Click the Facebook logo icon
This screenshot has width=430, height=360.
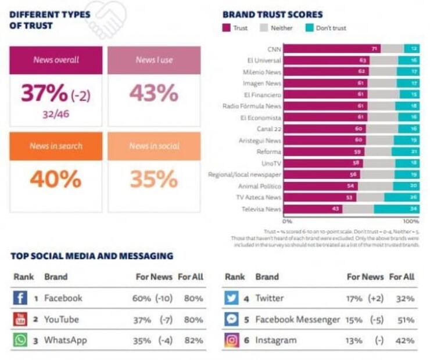tap(20, 298)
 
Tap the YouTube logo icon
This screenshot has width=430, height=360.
tap(20, 319)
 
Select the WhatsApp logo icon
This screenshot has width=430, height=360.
tap(20, 340)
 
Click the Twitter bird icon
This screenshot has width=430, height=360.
tap(232, 298)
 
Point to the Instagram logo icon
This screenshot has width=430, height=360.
tap(232, 340)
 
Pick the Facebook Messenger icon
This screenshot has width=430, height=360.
tap(232, 319)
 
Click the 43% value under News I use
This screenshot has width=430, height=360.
tap(153, 93)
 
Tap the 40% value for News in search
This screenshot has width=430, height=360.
tap(56, 179)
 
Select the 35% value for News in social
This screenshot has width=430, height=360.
tap(153, 179)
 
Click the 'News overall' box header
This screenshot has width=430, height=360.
tap(56, 60)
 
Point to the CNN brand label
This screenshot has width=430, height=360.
tap(274, 49)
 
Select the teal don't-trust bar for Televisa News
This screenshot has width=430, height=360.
tap(396, 209)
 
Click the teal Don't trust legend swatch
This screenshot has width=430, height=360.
tap(308, 27)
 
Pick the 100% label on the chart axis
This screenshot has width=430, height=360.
tap(411, 221)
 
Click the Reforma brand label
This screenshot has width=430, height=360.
tap(270, 152)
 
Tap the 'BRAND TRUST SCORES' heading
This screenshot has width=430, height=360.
tap(273, 15)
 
